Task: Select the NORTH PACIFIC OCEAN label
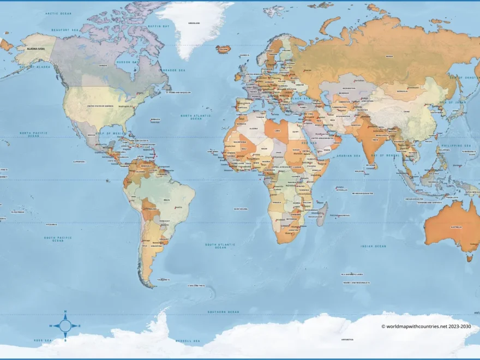pos(34,134)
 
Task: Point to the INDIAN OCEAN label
pos(373,246)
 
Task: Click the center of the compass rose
pos(65,326)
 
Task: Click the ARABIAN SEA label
pos(350,156)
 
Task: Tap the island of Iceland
pos(224,49)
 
